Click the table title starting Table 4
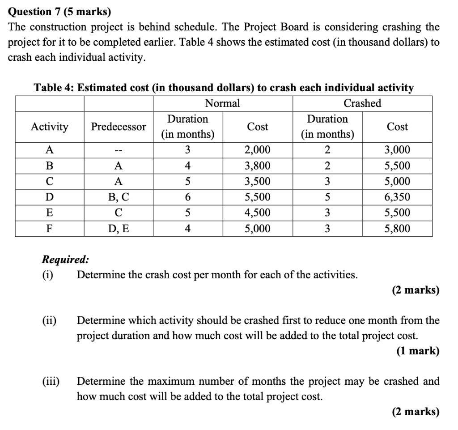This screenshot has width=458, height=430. click(224, 88)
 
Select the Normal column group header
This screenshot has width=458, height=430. click(222, 103)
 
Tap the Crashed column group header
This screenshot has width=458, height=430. click(362, 103)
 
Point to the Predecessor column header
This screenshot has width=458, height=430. click(119, 127)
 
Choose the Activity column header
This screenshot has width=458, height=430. click(50, 127)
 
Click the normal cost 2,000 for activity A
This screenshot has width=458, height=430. click(257, 150)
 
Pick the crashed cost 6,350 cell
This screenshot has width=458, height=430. click(397, 197)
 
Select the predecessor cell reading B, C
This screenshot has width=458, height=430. click(119, 197)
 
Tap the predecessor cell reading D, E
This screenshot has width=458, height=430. click(119, 229)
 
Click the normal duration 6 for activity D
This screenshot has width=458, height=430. click(188, 197)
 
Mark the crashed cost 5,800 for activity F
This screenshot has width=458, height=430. click(397, 229)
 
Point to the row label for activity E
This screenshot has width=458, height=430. click(50, 213)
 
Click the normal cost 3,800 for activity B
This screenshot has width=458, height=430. click(257, 166)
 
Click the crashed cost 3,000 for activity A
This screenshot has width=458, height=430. click(397, 150)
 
